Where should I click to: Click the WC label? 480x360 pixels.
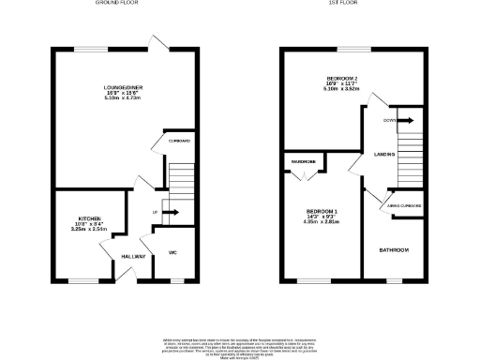click(173, 253)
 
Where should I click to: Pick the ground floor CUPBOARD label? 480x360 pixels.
click(179, 141)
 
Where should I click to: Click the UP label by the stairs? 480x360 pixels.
click(154, 213)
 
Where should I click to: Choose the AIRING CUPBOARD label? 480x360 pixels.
click(406, 204)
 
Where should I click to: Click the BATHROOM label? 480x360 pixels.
click(394, 250)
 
